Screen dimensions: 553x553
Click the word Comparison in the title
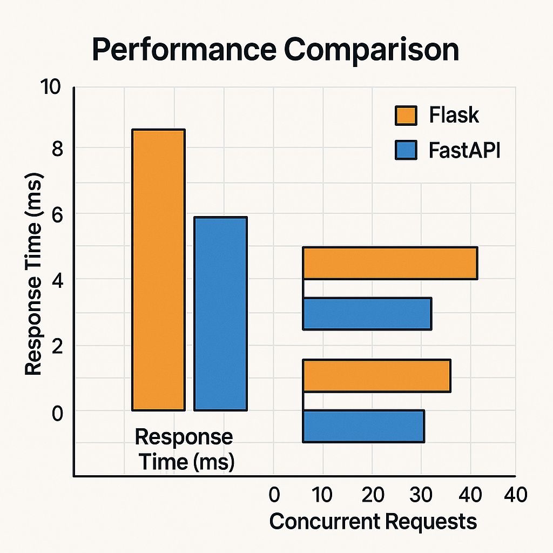pyautogui.click(x=372, y=50)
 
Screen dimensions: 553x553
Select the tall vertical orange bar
pyautogui.click(x=159, y=270)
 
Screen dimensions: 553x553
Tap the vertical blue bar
pyautogui.click(x=220, y=314)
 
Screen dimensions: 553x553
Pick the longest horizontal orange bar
pyautogui.click(x=390, y=263)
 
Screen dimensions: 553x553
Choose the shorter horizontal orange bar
pyautogui.click(x=376, y=375)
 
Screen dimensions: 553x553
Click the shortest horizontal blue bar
pyautogui.click(x=363, y=426)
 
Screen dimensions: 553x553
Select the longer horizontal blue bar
pyautogui.click(x=367, y=313)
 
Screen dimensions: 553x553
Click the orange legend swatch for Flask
pyautogui.click(x=406, y=116)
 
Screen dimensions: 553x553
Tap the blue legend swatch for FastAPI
pyautogui.click(x=406, y=150)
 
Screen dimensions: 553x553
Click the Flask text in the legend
pyautogui.click(x=454, y=116)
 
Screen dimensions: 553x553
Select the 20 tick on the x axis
pyautogui.click(x=373, y=495)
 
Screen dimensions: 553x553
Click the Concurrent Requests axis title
pyautogui.click(x=373, y=522)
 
